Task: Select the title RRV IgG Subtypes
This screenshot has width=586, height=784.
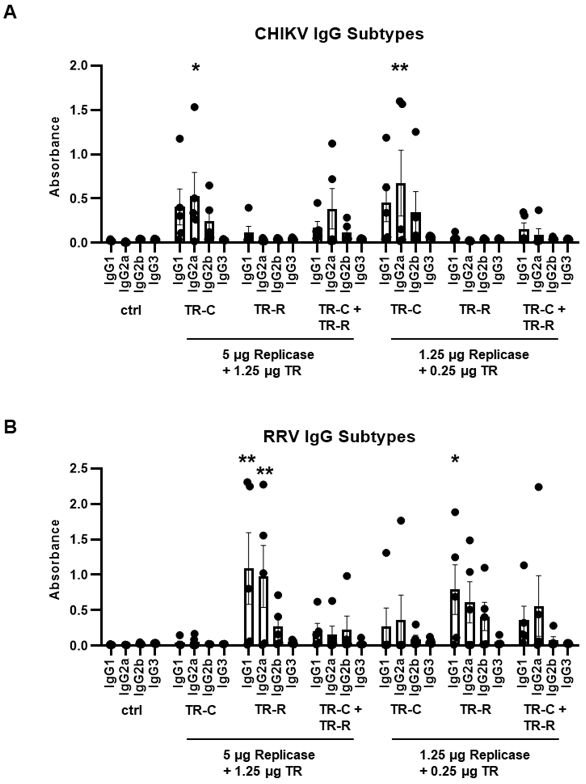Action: (339, 437)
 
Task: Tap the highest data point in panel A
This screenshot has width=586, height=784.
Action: (399, 101)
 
